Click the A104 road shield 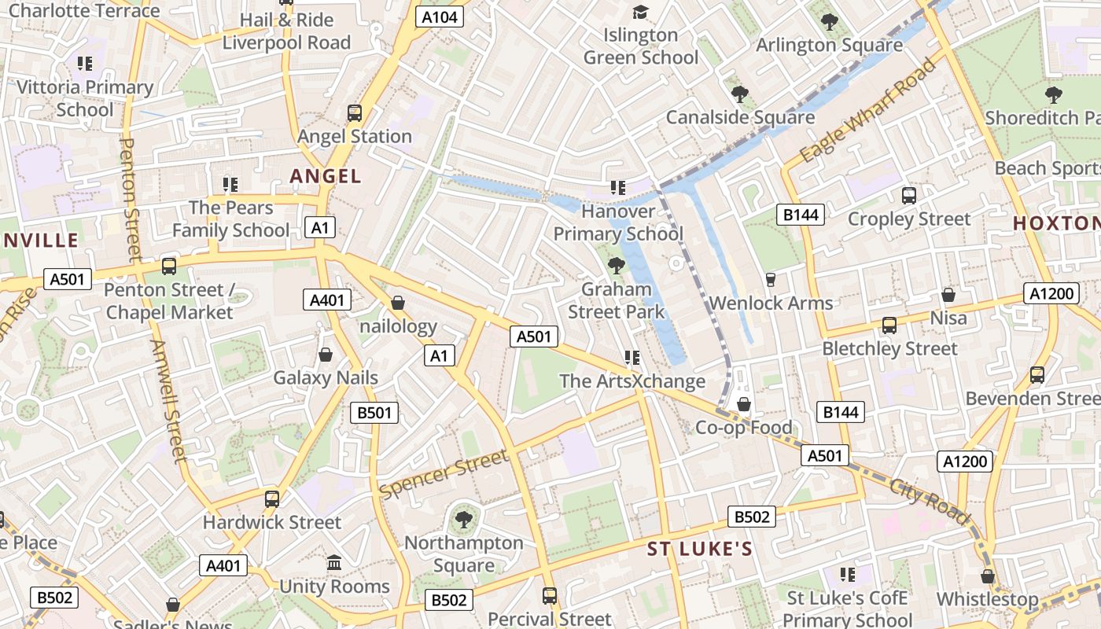click(440, 17)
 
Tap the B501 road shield click(374, 413)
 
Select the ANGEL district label click(326, 176)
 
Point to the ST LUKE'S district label click(700, 549)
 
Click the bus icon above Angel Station click(355, 113)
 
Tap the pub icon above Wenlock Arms click(771, 280)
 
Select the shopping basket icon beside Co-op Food click(743, 405)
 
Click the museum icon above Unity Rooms click(334, 563)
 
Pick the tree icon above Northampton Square click(464, 519)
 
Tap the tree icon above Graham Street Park click(617, 266)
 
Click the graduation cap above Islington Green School click(641, 12)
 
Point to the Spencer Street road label click(444, 474)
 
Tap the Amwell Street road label click(168, 401)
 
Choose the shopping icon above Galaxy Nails click(326, 355)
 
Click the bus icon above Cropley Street click(909, 196)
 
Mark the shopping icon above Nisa click(948, 295)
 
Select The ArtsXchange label click(632, 381)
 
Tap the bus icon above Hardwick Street click(272, 498)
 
